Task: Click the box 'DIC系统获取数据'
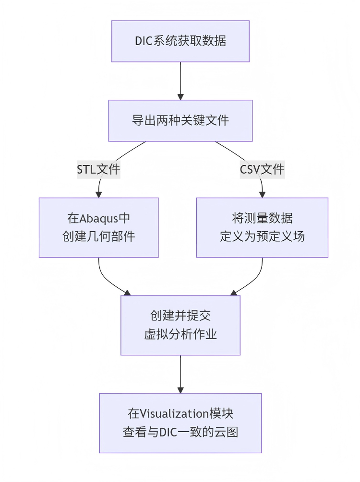[x=180, y=41]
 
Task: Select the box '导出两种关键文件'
[x=180, y=120]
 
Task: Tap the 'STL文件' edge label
[x=98, y=169]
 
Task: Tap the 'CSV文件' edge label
[x=262, y=169]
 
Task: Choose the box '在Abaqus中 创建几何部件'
[x=98, y=227]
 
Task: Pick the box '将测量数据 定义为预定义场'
[x=262, y=227]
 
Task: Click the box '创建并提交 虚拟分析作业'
[x=180, y=325]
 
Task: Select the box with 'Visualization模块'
[x=180, y=423]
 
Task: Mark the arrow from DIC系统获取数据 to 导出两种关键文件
[x=180, y=81]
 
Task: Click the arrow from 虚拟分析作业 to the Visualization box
[x=180, y=374]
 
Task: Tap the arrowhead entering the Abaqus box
[x=99, y=194]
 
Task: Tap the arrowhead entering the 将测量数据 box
[x=262, y=194]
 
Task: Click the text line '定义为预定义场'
[x=262, y=236]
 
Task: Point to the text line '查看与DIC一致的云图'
[x=180, y=432]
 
